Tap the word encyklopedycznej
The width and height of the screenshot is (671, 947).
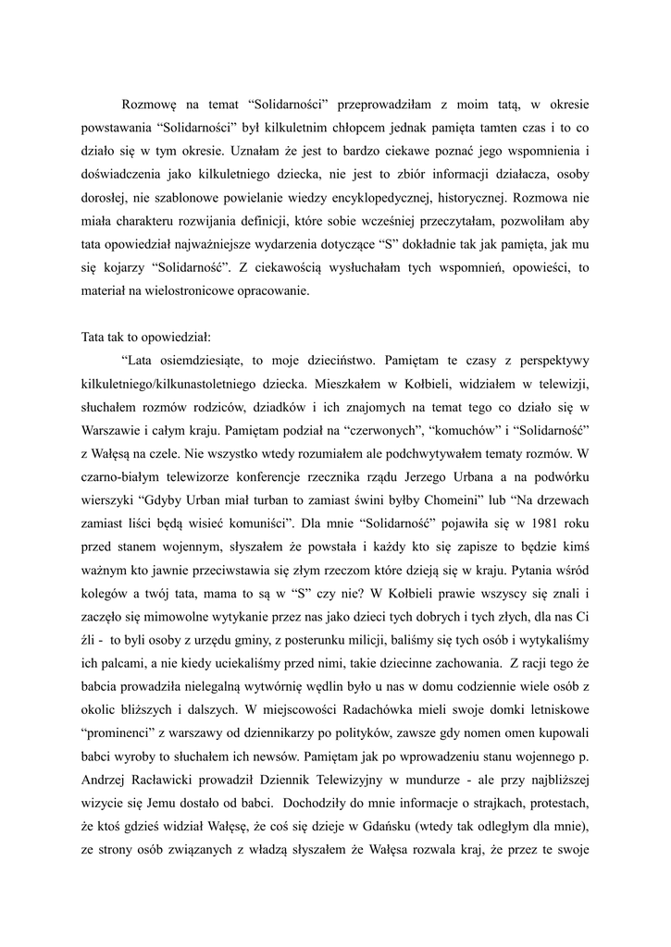pyautogui.click(x=395, y=197)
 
